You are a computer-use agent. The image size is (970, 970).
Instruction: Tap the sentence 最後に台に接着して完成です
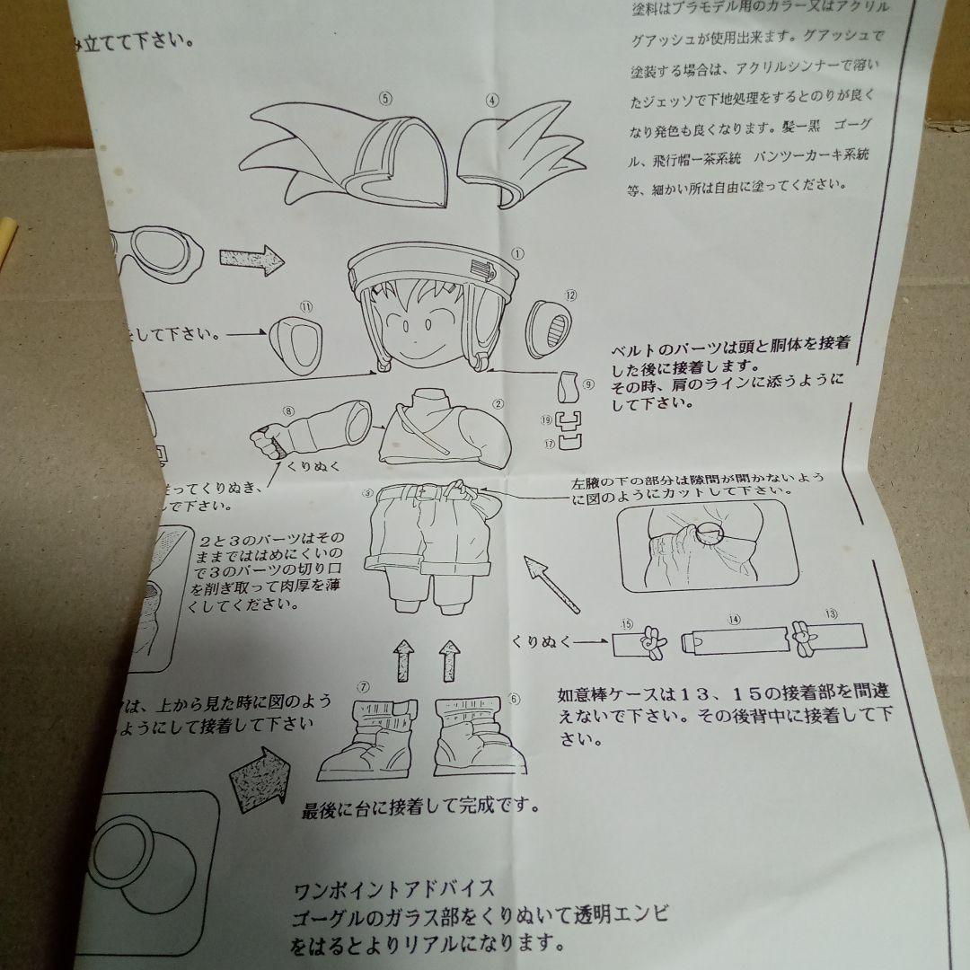coord(420,807)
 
